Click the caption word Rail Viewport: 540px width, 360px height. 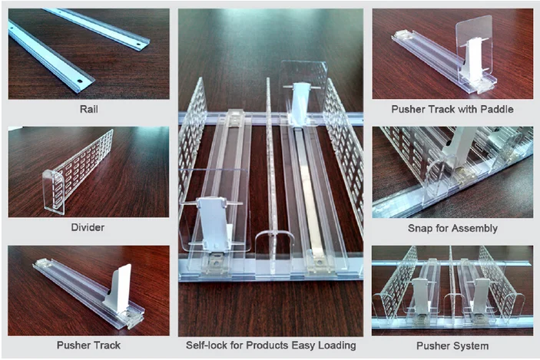pyautogui.click(x=88, y=109)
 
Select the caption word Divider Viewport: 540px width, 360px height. pyautogui.click(x=88, y=227)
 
